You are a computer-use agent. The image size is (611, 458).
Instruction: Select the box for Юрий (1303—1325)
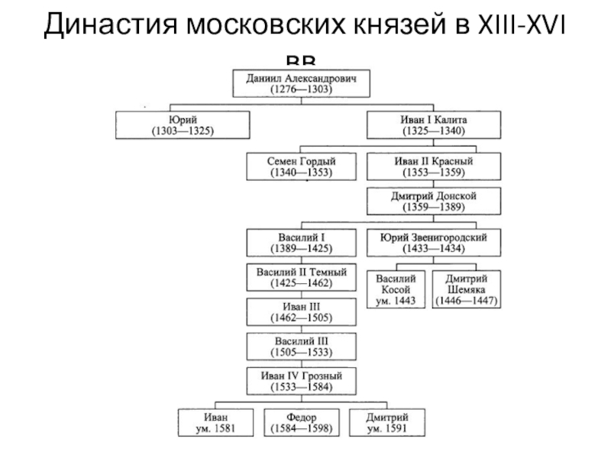[x=182, y=125]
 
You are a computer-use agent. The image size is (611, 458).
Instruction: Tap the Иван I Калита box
[x=434, y=125]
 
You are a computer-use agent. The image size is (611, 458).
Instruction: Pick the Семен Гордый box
[x=301, y=167]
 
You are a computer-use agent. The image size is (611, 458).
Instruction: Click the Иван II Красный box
[x=434, y=167]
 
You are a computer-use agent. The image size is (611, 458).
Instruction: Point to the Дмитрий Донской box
[x=434, y=202]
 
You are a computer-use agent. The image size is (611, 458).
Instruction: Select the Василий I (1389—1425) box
[x=301, y=243]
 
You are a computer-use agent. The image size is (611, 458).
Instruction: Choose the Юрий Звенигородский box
[x=434, y=243]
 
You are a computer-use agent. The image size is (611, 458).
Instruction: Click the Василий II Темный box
[x=301, y=277]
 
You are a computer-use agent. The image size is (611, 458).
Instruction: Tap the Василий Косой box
[x=396, y=289]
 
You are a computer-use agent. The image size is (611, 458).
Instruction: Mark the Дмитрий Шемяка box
[x=467, y=289]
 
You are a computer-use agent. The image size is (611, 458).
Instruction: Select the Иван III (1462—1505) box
[x=301, y=311]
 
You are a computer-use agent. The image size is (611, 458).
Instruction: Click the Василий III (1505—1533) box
[x=301, y=347]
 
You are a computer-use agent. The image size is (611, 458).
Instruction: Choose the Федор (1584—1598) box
[x=301, y=423]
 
